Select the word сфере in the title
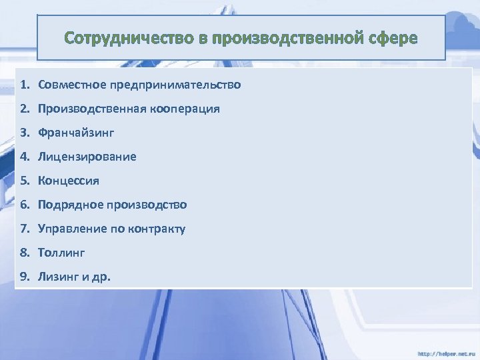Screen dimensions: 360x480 coord(393,38)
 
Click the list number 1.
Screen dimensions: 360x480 coord(23,85)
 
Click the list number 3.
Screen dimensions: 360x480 coord(23,133)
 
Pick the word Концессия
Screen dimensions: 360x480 coord(69,181)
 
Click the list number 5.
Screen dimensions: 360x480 coord(23,181)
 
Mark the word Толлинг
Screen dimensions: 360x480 coord(61,253)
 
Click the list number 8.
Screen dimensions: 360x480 coord(23,253)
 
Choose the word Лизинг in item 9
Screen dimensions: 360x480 coord(58,277)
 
